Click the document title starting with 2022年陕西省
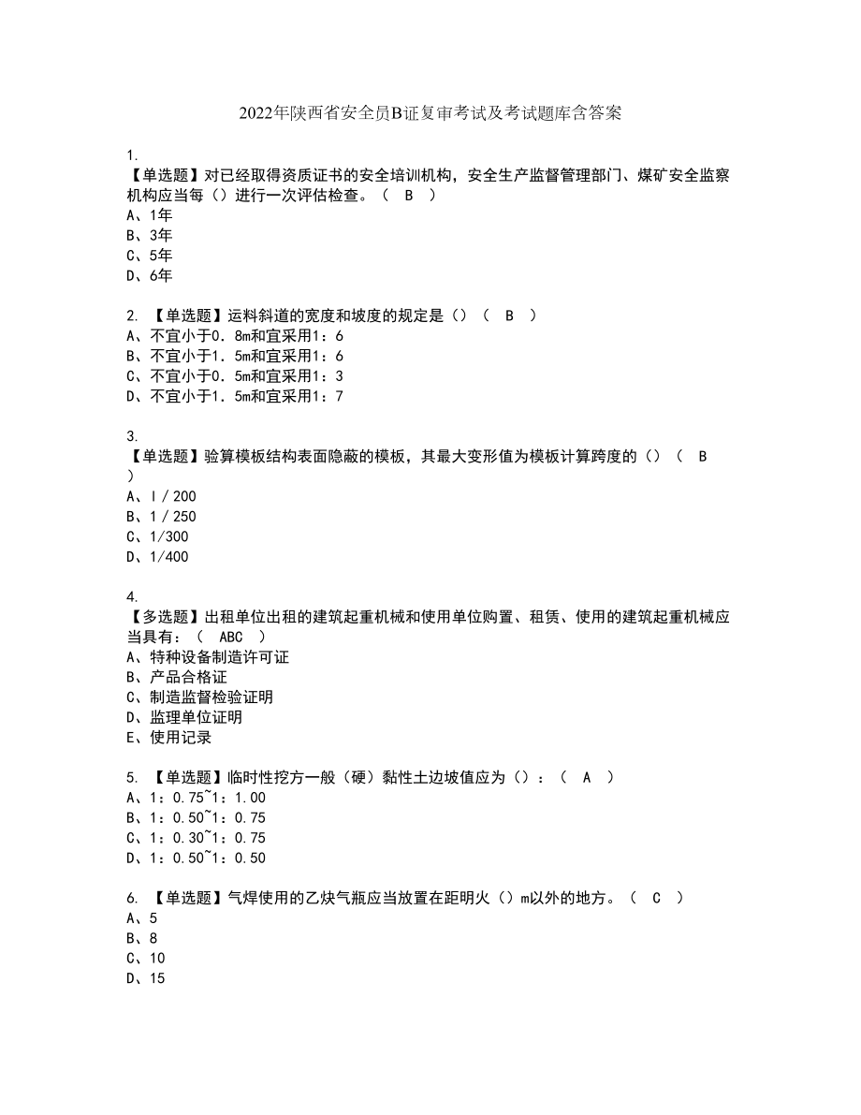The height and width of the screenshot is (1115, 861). tap(430, 114)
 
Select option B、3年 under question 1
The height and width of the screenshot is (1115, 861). tap(149, 235)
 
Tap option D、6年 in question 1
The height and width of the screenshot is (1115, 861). tap(149, 275)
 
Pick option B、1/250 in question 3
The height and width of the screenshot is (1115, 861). tap(160, 517)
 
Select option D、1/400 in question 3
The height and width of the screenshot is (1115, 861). tap(156, 557)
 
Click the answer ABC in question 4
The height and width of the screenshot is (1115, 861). tap(230, 638)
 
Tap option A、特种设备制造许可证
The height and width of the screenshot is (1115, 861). tap(206, 657)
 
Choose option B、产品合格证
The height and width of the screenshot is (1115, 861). tap(175, 678)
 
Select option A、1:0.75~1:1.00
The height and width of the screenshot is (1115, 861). tap(195, 799)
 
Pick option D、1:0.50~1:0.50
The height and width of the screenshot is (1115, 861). tap(195, 858)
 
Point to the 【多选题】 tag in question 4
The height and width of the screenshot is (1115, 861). tap(160, 617)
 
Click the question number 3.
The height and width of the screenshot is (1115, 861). tap(131, 436)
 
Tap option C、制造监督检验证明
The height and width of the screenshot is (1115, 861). tap(198, 697)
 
